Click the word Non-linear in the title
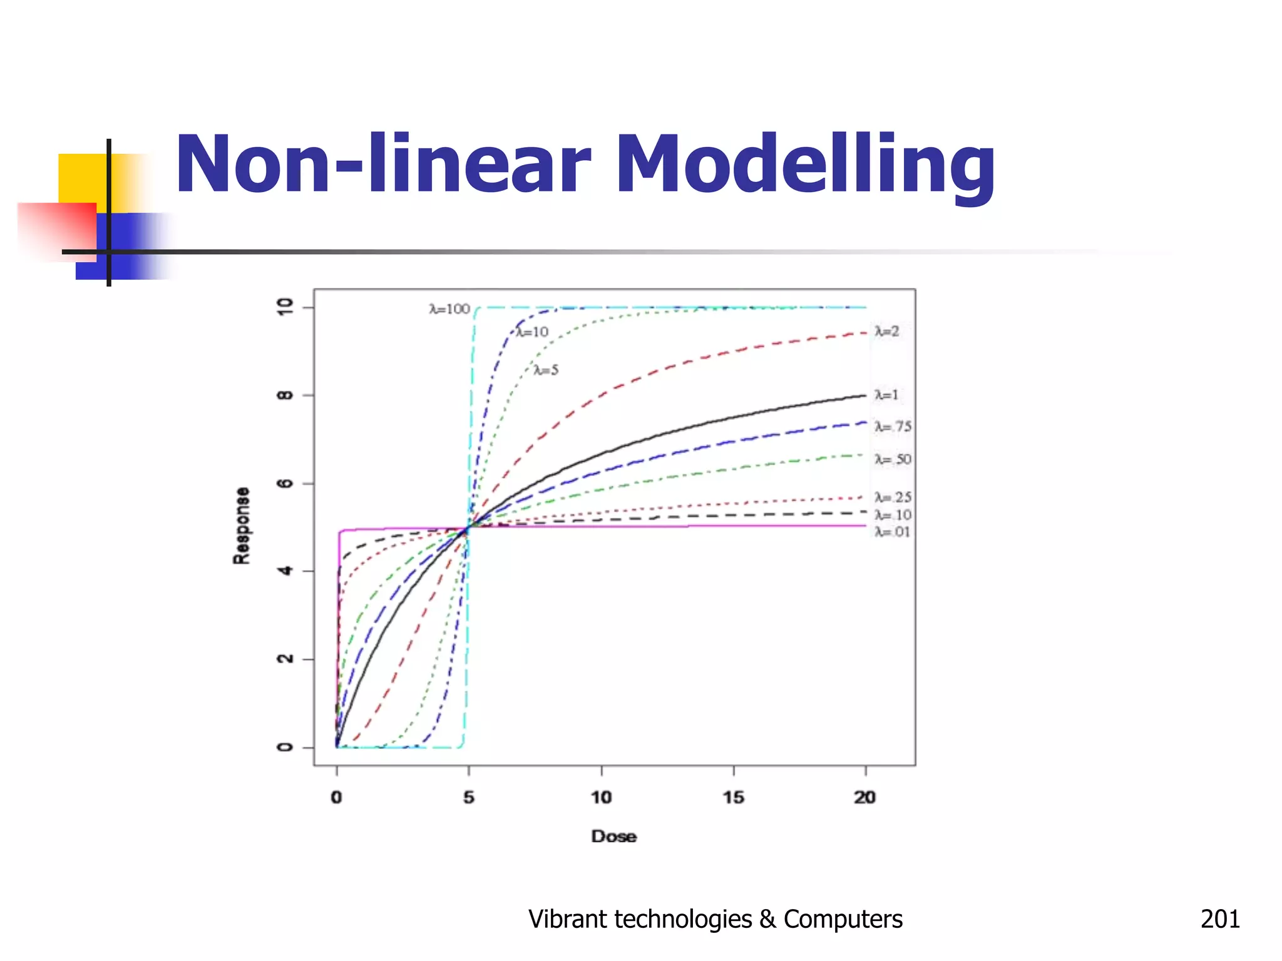tap(383, 166)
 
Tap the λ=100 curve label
tap(449, 309)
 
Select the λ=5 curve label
tap(546, 370)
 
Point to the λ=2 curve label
tap(886, 331)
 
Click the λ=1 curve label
tap(886, 395)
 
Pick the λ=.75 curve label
tap(893, 427)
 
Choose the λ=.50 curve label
tap(893, 460)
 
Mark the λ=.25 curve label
tap(893, 497)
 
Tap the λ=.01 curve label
tap(892, 532)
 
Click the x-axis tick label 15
tap(734, 798)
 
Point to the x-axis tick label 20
tap(865, 798)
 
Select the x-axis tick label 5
tap(469, 798)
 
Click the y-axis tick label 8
tap(285, 395)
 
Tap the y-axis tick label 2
tap(285, 659)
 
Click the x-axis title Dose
tap(613, 836)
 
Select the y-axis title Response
tap(242, 526)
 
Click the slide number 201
tap(1220, 919)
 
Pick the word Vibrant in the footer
tap(567, 919)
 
